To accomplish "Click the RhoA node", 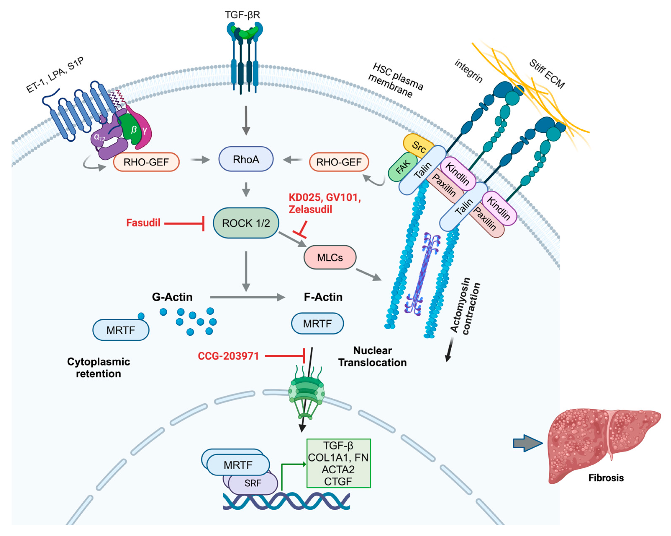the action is point(246,159).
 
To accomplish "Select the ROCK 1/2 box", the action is point(246,223).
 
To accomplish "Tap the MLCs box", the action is point(330,257).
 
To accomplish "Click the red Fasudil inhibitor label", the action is point(143,223).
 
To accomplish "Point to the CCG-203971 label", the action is point(228,356).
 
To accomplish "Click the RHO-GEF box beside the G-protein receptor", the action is point(146,162).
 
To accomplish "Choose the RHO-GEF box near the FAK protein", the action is point(339,162).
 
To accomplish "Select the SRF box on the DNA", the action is point(253,483).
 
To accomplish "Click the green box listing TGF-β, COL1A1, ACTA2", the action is point(339,463).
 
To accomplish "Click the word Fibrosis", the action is point(606,478).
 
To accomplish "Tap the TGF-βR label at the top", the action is point(242,15).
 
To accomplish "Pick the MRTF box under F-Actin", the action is point(318,323).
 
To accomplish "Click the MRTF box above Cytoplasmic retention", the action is point(121,330).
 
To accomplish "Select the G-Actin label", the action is point(172,297).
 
